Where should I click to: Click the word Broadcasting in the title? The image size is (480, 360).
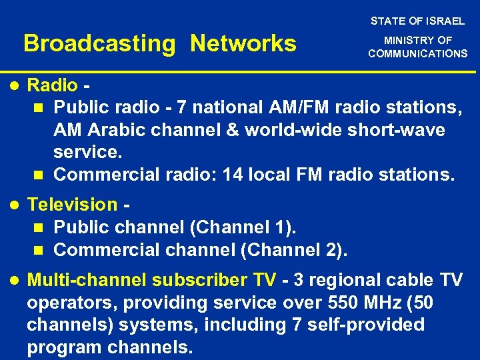(x=99, y=44)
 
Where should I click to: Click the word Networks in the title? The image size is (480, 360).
(x=243, y=44)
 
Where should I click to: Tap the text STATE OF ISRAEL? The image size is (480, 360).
(x=418, y=21)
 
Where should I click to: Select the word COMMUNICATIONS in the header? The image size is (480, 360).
(x=418, y=53)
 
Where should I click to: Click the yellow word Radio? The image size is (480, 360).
(x=52, y=85)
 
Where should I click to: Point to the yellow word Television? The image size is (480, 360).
(x=72, y=205)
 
